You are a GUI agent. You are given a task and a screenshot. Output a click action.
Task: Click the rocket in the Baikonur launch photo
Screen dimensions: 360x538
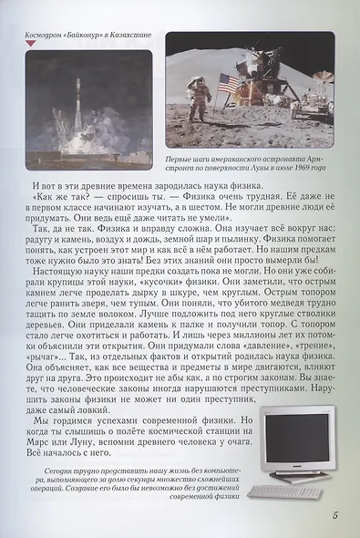tap(77, 103)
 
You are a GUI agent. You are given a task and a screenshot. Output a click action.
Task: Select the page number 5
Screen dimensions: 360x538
tap(336, 517)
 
